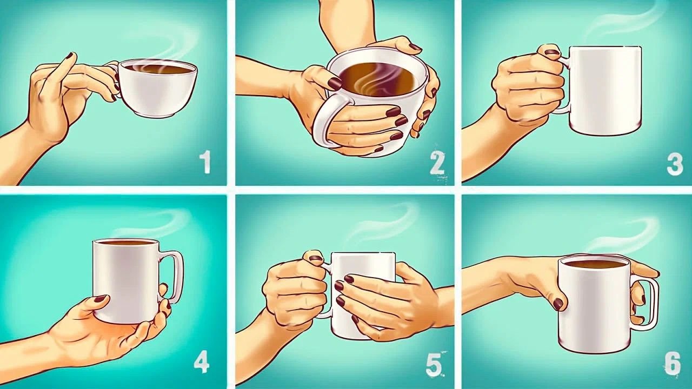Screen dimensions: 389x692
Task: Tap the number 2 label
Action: tap(437, 163)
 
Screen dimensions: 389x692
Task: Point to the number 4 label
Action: tap(201, 362)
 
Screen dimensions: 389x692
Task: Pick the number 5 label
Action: tap(434, 365)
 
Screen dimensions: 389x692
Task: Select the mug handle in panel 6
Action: tap(651, 303)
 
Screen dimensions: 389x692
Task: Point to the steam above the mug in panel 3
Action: tap(622, 22)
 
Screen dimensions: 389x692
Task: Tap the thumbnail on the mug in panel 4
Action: tap(100, 299)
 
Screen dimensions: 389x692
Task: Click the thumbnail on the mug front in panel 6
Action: tap(558, 304)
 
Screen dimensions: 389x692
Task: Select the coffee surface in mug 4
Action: tap(125, 243)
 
